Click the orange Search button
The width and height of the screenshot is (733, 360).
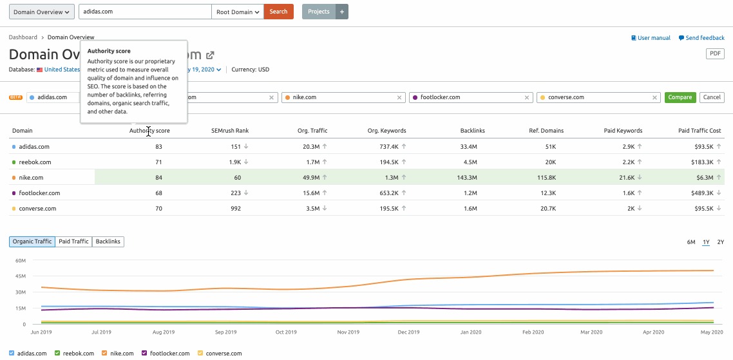[278, 12]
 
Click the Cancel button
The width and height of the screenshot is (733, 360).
[712, 97]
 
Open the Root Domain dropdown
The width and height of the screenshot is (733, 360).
[238, 12]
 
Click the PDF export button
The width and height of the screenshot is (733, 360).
[716, 53]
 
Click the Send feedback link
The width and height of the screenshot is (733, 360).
[701, 38]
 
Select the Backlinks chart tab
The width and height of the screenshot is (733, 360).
[108, 242]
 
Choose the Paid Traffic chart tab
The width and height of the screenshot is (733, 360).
[73, 242]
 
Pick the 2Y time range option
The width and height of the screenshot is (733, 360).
[721, 242]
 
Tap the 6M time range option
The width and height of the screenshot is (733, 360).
[691, 242]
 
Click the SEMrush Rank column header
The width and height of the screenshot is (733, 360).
[230, 131]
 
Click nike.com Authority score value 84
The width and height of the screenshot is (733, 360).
[158, 178]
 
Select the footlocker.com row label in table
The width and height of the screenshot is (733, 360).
[39, 193]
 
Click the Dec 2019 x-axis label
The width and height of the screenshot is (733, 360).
[408, 332]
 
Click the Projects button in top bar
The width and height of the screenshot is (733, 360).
[318, 12]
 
